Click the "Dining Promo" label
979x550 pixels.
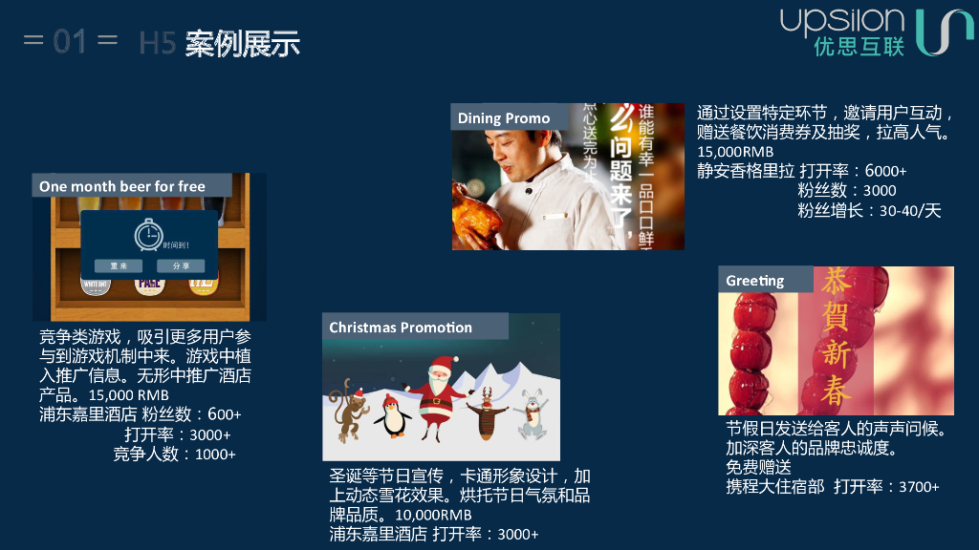tap(504, 118)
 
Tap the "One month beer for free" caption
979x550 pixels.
tap(122, 186)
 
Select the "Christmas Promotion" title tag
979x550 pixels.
tap(401, 328)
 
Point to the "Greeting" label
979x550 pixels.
tap(754, 281)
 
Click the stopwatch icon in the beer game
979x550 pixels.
tap(148, 235)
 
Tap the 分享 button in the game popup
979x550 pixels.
tap(181, 265)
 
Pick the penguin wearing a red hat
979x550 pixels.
tap(393, 416)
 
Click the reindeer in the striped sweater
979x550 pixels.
tap(487, 410)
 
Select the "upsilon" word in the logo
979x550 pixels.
tap(840, 21)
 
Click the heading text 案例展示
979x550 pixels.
tap(243, 43)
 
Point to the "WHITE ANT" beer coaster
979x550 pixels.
tap(96, 284)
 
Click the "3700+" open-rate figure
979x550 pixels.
tap(919, 487)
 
